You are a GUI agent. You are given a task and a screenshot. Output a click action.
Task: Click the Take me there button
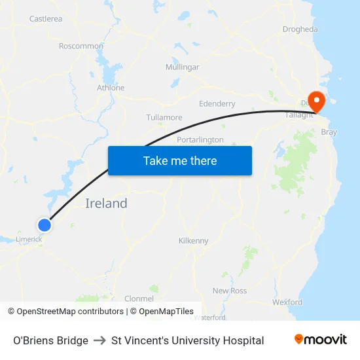click(x=180, y=160)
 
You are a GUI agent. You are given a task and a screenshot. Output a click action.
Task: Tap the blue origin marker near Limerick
click(x=45, y=225)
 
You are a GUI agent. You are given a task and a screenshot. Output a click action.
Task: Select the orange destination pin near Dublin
click(x=317, y=102)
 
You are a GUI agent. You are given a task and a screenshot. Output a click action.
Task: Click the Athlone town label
click(x=111, y=88)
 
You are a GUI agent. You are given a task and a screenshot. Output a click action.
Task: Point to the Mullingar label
click(x=182, y=67)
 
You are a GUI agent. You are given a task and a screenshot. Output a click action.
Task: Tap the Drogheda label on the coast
click(x=300, y=29)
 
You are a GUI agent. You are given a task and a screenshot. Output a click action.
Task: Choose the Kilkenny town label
click(x=193, y=241)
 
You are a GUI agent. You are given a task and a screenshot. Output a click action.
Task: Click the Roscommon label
click(x=81, y=46)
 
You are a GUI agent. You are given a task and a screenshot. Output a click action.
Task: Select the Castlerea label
click(x=46, y=19)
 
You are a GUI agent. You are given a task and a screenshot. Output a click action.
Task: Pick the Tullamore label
click(x=164, y=118)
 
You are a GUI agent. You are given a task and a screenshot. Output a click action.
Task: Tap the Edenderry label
click(x=217, y=104)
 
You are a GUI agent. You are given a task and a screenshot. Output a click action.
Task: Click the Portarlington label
click(x=200, y=140)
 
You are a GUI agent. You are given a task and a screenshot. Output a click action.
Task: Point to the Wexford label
click(x=287, y=302)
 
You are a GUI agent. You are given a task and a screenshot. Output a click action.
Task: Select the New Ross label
click(x=229, y=291)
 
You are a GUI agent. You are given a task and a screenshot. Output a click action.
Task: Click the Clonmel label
click(x=139, y=298)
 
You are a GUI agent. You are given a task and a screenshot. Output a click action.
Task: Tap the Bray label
click(x=329, y=132)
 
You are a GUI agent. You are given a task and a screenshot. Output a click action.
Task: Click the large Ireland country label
click(x=106, y=204)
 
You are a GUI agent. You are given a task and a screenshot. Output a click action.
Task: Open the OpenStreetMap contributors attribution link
click(x=70, y=312)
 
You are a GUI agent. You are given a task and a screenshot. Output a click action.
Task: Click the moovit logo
click(x=321, y=340)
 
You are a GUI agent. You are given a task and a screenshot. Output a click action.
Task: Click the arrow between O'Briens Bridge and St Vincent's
click(x=99, y=340)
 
